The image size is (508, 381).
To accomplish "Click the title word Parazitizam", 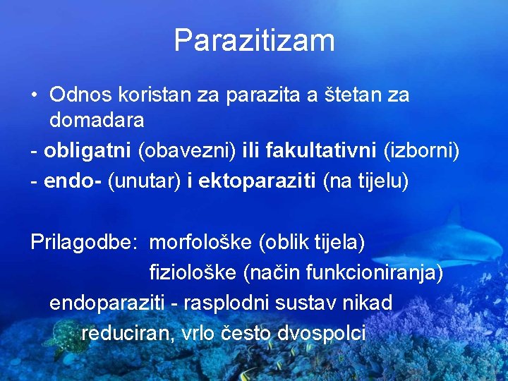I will point(254,41).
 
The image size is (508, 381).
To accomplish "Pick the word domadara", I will point(97,120).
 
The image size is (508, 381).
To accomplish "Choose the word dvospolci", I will point(322,333).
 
